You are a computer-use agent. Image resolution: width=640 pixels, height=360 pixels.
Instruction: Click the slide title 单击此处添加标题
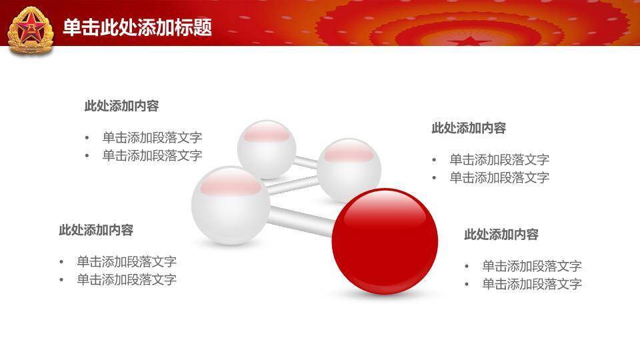(137, 27)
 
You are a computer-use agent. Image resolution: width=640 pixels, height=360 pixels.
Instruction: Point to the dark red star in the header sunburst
(470, 41)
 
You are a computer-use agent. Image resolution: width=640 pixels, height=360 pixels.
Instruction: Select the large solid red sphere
(385, 241)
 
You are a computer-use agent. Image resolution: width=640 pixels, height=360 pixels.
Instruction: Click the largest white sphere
(231, 205)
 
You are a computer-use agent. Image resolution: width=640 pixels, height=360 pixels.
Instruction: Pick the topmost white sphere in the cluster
(267, 149)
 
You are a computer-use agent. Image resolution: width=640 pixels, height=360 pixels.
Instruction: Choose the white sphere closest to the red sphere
(349, 170)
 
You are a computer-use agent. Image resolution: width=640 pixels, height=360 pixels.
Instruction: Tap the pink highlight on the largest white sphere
(231, 182)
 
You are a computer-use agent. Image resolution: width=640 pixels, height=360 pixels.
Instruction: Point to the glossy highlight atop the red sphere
(385, 208)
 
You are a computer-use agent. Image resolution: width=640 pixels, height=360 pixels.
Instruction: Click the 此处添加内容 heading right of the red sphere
(501, 234)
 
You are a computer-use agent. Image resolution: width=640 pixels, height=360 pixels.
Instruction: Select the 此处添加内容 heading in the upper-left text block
(121, 106)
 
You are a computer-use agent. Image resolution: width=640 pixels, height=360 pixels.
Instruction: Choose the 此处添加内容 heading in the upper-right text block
(469, 128)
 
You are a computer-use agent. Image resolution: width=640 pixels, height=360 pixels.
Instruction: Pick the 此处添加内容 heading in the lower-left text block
(96, 230)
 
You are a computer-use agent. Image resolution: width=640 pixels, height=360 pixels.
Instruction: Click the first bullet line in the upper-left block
(152, 137)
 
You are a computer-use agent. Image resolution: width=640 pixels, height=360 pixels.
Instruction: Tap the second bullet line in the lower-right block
(532, 284)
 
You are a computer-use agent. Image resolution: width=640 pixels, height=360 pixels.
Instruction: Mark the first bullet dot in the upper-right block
(434, 160)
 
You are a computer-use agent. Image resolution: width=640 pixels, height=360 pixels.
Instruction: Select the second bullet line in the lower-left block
(127, 279)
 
